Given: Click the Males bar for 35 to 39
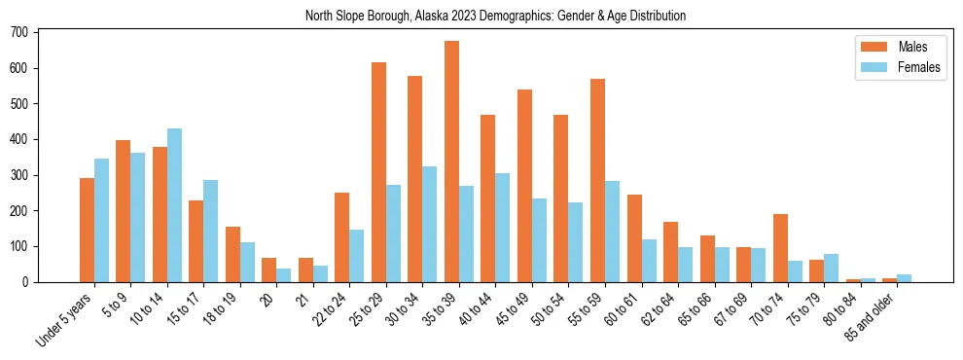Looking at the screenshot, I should click(x=451, y=162).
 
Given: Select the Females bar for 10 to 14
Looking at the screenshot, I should click(x=174, y=205).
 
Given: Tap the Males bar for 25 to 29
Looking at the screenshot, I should click(x=378, y=172).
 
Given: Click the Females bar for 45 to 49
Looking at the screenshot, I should click(x=539, y=240).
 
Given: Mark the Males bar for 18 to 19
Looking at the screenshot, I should click(x=232, y=254).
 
